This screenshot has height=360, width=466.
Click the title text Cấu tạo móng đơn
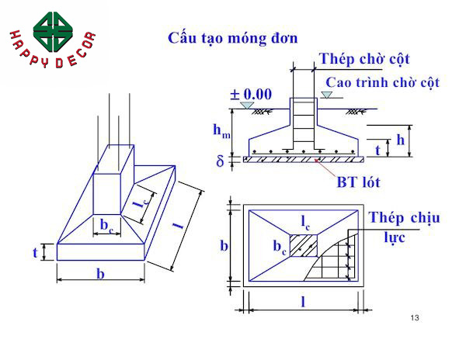233,38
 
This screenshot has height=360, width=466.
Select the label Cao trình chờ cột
393,82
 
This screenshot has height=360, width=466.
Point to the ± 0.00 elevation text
251,95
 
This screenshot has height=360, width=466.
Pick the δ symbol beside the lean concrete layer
220,161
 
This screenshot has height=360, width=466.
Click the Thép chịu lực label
404,227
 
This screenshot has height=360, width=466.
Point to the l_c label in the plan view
306,222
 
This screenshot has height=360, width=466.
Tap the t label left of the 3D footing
35,253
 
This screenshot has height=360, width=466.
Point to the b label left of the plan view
224,246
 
